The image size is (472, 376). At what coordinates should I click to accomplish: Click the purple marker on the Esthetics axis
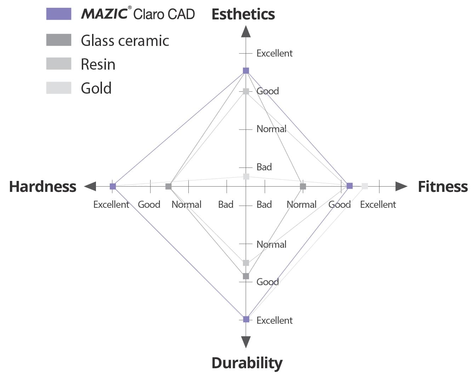point(246,71)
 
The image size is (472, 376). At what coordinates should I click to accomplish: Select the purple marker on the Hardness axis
point(113,186)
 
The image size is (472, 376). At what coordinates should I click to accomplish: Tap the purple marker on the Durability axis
point(246,319)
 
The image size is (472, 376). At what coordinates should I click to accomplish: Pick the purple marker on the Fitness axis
point(349,186)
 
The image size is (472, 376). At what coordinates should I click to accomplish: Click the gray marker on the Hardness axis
point(169,186)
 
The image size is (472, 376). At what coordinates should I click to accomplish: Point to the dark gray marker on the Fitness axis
point(303,186)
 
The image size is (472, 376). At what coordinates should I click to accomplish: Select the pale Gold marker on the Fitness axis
point(365,186)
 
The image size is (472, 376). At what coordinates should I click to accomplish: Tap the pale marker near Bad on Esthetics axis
point(246,176)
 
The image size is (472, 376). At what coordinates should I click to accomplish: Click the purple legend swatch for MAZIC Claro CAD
point(59,14)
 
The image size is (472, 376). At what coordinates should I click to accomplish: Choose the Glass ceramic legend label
point(125,41)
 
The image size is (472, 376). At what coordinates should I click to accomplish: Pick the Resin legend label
point(98,64)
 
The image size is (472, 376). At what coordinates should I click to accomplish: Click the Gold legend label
point(96,88)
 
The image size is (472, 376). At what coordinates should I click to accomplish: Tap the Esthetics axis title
point(243,14)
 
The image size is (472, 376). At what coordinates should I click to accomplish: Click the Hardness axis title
point(42,186)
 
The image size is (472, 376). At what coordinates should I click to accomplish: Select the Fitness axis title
point(443,186)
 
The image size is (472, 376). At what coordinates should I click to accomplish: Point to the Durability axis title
point(247,363)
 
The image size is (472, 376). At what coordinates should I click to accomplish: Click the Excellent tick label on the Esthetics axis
point(274,53)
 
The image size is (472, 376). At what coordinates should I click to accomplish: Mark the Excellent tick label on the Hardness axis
point(111,204)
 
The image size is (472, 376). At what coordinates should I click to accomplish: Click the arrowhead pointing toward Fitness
point(401,186)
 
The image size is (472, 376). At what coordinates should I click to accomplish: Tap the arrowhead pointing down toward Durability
point(246,342)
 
